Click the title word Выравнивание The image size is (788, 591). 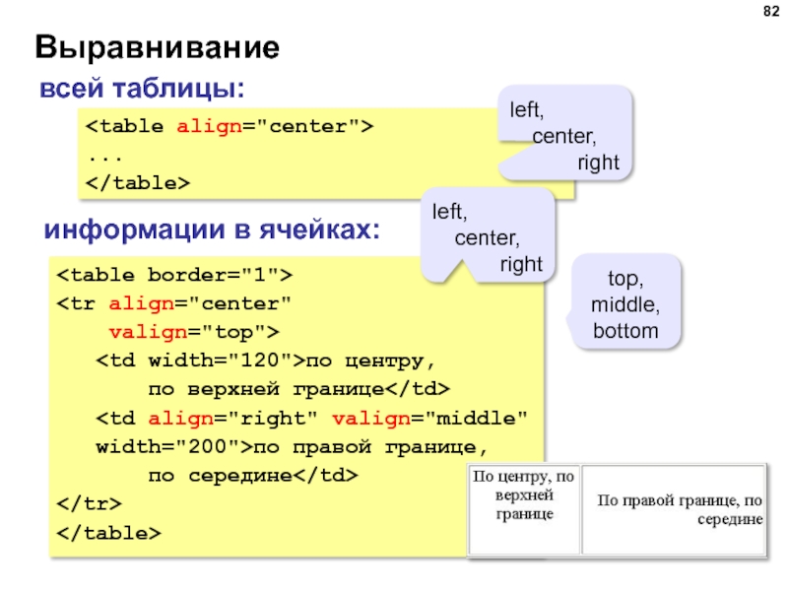[x=158, y=47]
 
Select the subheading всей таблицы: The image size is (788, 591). [x=142, y=89]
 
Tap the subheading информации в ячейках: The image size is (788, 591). [x=213, y=230]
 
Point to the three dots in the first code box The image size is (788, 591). [x=98, y=156]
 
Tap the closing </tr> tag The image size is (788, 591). [x=89, y=503]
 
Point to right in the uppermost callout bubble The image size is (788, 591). [x=598, y=163]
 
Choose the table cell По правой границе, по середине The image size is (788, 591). [x=678, y=508]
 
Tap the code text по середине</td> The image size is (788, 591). [x=252, y=475]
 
